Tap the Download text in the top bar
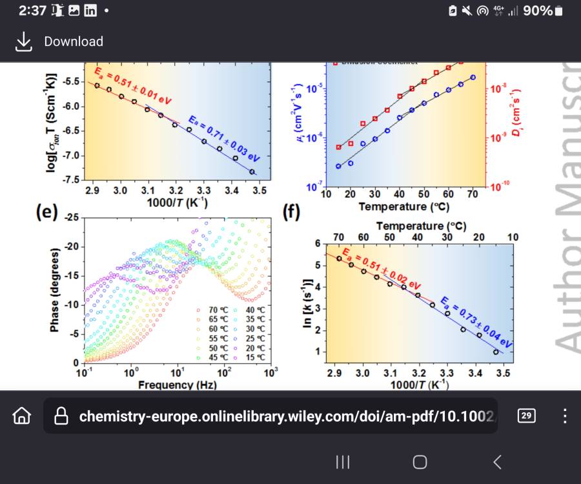pos(74,41)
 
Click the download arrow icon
pos(24,41)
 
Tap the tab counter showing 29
pos(527,416)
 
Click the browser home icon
pos(22,416)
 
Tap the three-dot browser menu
pos(565,416)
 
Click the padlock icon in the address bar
pos(62,416)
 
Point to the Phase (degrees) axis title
pos(55,290)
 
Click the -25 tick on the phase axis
pos(70,218)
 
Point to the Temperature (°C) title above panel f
pos(421,226)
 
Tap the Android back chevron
pos(497,461)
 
